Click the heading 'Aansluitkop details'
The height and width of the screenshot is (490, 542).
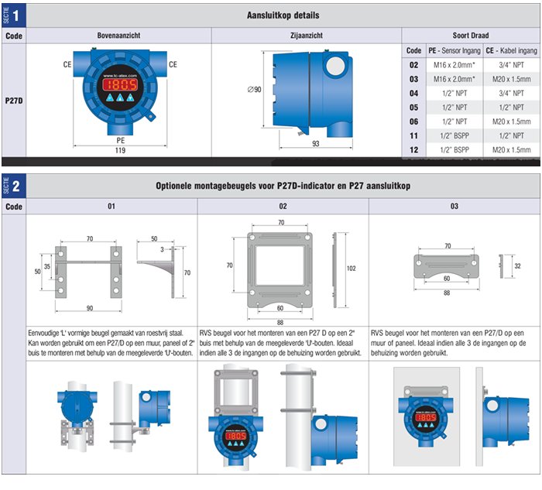(x=283, y=15)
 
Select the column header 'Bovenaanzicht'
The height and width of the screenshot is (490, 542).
(x=118, y=36)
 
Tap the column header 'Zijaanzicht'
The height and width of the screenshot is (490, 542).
(x=307, y=36)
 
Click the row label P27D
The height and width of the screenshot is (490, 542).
(x=14, y=101)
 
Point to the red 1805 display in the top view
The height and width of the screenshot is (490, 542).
(x=120, y=84)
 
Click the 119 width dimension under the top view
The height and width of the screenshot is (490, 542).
(x=120, y=150)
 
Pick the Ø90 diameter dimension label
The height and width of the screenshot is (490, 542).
(x=255, y=90)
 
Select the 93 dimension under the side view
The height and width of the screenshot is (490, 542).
(x=316, y=143)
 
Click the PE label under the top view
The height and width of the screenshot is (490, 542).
(x=120, y=140)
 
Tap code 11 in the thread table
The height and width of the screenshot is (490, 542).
(x=413, y=135)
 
